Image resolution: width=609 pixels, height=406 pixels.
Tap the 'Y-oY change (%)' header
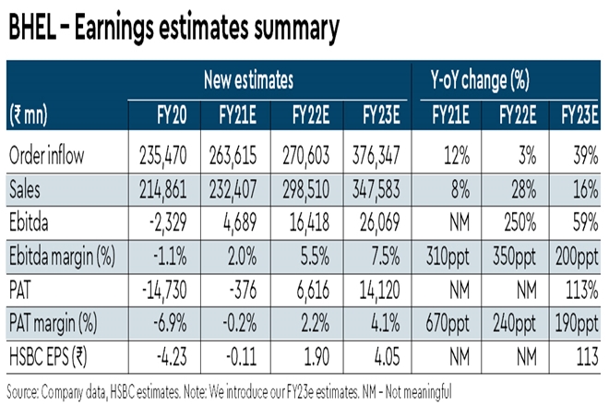tap(482, 80)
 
